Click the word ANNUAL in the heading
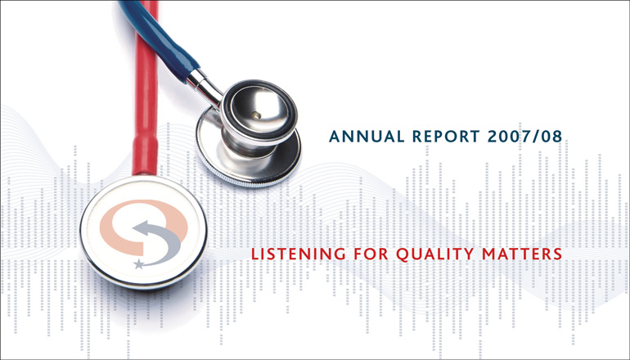[x=367, y=137]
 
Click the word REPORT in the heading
[x=446, y=137]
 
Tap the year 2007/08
[x=524, y=137]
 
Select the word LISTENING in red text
[x=298, y=254]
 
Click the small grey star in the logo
[x=139, y=264]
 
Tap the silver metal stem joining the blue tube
[x=205, y=88]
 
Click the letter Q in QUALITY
[x=403, y=255]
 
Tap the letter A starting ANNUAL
[x=335, y=137]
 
